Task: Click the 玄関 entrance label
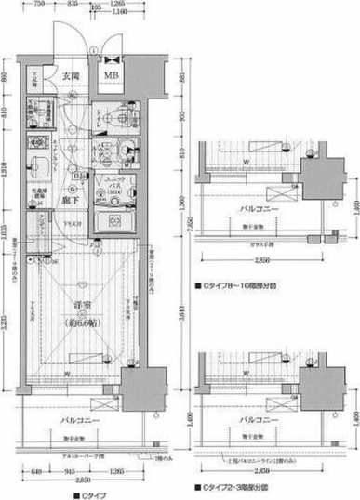click(x=71, y=76)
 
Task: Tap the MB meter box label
click(x=111, y=76)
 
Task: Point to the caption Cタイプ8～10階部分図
click(x=238, y=286)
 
